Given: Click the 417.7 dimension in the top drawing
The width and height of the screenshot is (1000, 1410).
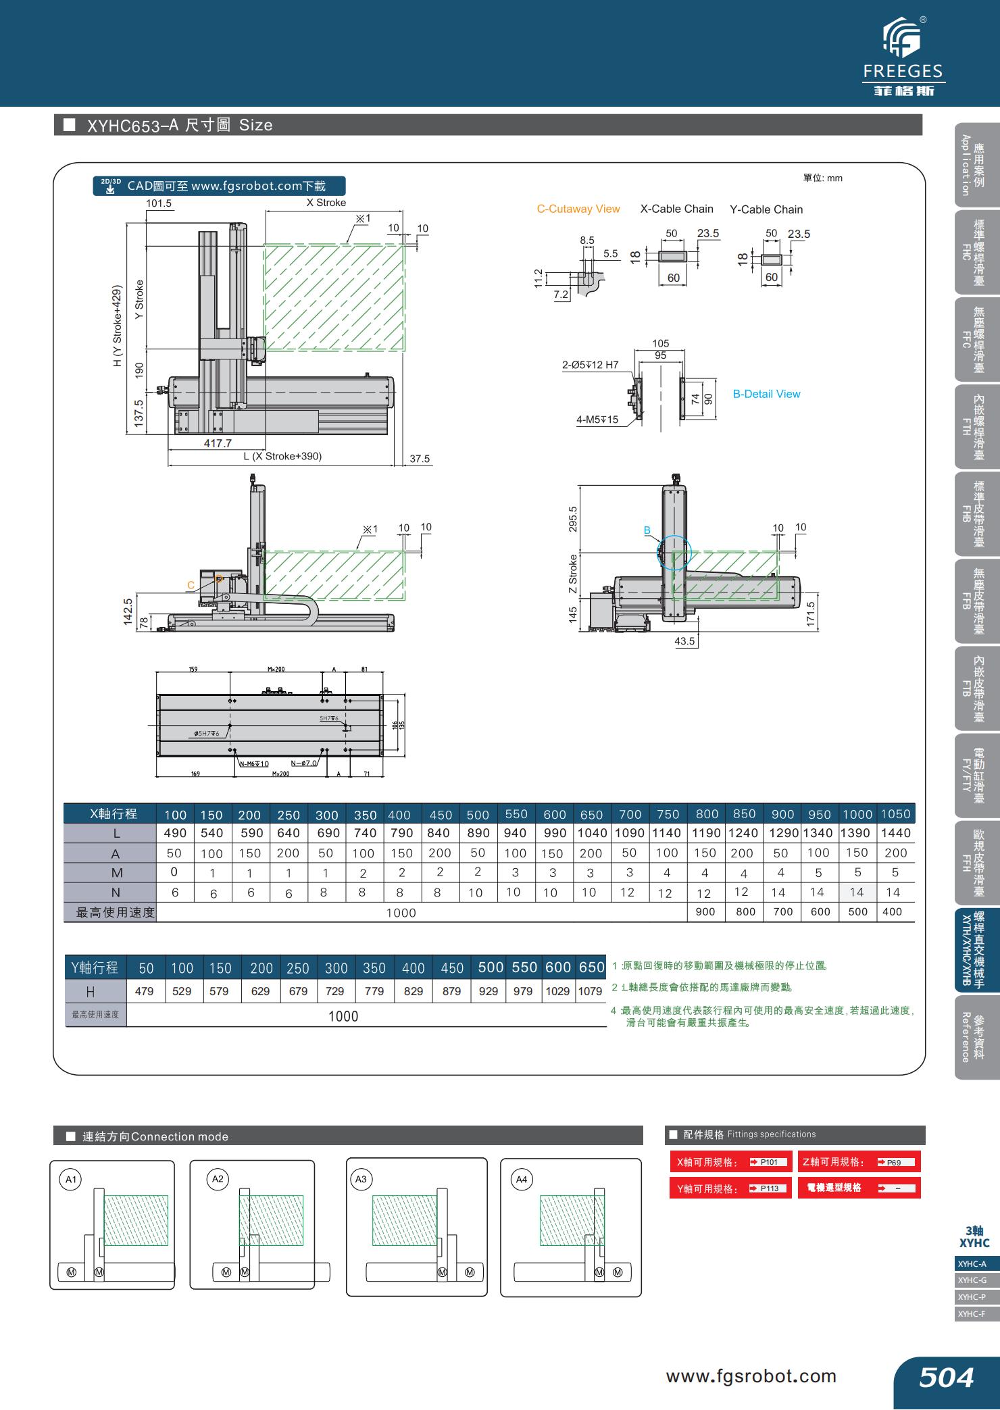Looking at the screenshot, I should point(218,443).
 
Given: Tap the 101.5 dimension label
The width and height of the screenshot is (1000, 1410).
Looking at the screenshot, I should point(159,203).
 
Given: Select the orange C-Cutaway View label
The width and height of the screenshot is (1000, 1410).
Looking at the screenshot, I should point(578,209).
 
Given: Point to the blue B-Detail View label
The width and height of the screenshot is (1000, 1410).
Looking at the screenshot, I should point(766,394).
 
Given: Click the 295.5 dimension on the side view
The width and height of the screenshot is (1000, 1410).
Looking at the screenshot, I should point(573,519).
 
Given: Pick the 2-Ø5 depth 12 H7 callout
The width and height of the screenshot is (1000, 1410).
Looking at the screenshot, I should point(590,365).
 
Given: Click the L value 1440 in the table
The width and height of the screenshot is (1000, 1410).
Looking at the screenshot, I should point(895,833).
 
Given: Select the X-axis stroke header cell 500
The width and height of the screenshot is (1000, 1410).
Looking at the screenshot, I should point(478,814).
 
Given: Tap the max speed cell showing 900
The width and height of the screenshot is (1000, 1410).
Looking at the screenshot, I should point(705,911).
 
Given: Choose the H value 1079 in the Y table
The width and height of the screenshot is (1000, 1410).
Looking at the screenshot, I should point(590,991).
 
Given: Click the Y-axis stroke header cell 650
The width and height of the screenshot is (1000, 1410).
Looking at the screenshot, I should point(591,967).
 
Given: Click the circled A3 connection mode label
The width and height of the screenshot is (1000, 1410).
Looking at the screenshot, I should point(361,1179).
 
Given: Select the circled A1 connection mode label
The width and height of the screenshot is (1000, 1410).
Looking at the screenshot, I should point(70,1180).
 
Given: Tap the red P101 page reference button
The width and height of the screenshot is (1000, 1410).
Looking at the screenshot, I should point(769,1162).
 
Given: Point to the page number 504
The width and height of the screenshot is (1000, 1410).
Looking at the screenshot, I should point(946,1377).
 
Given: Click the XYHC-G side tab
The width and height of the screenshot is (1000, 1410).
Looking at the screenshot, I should point(972,1280).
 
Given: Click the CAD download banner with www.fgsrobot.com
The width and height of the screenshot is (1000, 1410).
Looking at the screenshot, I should point(219,186).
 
